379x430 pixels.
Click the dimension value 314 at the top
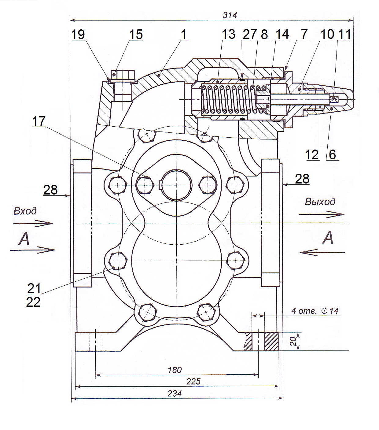click(x=230, y=15)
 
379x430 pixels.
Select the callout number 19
click(x=78, y=34)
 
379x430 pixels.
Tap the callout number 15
click(x=136, y=34)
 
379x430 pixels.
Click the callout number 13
click(x=228, y=34)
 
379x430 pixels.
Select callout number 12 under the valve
click(x=312, y=155)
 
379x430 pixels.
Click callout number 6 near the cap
click(x=332, y=155)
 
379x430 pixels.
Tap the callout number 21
click(x=34, y=288)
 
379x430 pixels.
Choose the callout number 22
click(x=33, y=302)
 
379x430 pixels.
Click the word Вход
click(x=25, y=211)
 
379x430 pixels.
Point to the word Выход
click(x=320, y=202)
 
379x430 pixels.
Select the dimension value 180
click(x=175, y=370)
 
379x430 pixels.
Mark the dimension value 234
click(x=175, y=394)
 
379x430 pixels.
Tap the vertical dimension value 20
click(x=293, y=341)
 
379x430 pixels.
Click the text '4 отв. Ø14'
click(x=315, y=311)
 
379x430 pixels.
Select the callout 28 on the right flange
click(x=302, y=179)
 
